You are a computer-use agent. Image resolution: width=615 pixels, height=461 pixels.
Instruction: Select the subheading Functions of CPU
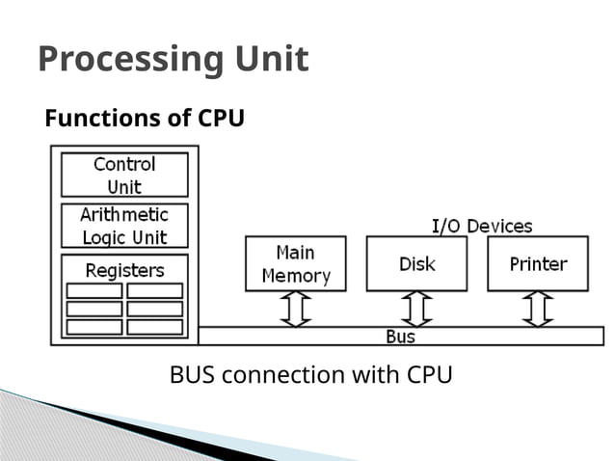click(x=145, y=119)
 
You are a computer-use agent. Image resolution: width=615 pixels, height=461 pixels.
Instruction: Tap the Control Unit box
click(x=124, y=175)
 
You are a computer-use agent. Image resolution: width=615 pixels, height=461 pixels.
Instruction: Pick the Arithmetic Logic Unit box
click(x=124, y=226)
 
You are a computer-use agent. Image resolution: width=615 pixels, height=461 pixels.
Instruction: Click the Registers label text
click(x=124, y=269)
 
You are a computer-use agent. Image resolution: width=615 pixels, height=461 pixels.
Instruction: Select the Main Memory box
click(x=295, y=263)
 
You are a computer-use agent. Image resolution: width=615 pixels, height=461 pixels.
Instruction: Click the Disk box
click(x=416, y=263)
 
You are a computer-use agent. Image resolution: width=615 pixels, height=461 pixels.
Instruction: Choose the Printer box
click(x=538, y=263)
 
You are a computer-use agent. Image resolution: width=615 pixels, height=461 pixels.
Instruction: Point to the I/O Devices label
click(x=481, y=227)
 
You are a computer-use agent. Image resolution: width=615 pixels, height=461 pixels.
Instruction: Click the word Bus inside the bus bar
click(x=401, y=337)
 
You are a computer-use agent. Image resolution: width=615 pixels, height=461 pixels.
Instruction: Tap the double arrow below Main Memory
click(x=295, y=309)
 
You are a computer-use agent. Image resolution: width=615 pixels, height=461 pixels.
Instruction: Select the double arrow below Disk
click(x=416, y=309)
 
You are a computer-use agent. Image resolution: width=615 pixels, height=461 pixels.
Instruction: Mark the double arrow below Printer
click(x=538, y=309)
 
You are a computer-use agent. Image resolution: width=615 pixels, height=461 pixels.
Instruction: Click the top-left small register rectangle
click(x=94, y=290)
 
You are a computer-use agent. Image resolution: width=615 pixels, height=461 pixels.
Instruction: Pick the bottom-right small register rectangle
click(x=154, y=327)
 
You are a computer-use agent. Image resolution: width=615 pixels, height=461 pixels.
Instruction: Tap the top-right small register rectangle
click(x=154, y=290)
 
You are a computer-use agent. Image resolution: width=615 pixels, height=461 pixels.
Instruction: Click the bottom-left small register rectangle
click(x=94, y=327)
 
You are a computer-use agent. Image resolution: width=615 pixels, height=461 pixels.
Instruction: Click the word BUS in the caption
click(x=193, y=374)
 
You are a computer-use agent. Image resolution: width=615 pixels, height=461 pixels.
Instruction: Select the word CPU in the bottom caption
click(x=423, y=374)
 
